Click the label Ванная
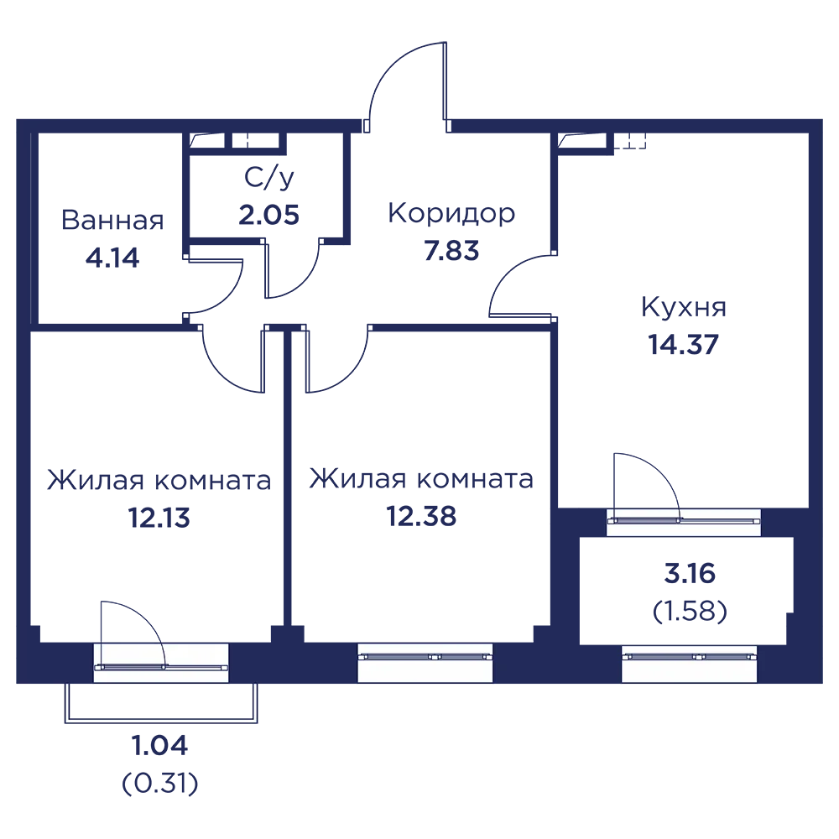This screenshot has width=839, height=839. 112,220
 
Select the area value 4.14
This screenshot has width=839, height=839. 112,258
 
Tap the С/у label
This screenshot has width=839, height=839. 268,178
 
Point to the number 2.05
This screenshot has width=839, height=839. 268,215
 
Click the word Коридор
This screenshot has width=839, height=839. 451,214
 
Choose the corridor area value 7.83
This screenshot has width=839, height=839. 451,251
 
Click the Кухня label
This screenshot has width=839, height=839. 683,307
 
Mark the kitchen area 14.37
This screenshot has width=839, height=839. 683,345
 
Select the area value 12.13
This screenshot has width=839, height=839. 159,518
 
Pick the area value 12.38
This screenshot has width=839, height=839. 421,516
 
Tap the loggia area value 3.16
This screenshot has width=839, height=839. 690,574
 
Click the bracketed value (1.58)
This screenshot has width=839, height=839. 690,611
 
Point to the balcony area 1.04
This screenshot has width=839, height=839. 159,746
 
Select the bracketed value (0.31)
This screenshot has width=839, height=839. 160,784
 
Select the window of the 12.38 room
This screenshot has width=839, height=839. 425,663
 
